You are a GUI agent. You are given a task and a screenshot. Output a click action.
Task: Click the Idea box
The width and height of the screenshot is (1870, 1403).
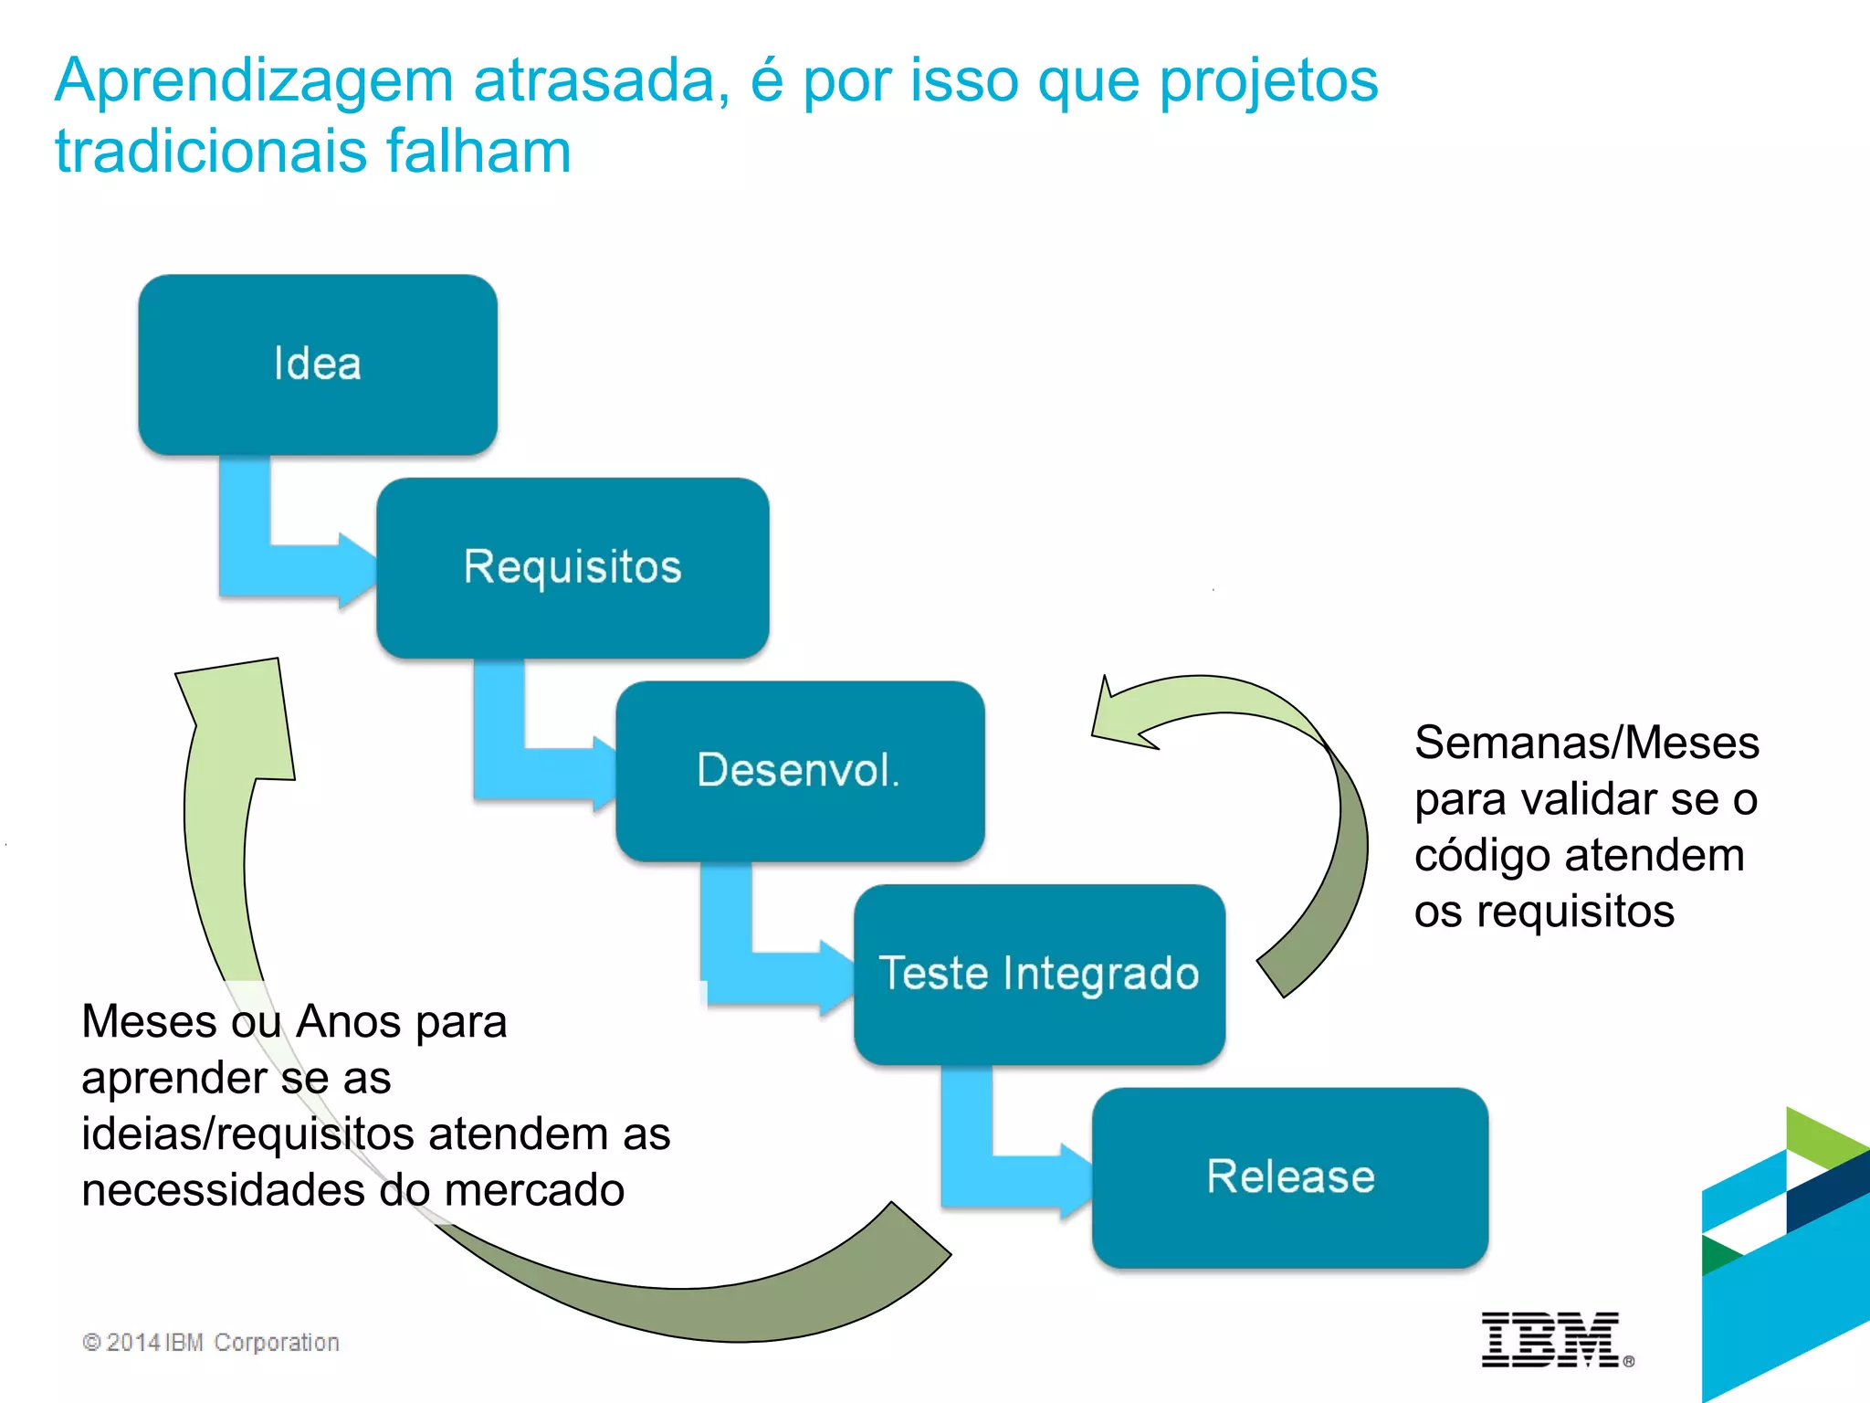tap(318, 364)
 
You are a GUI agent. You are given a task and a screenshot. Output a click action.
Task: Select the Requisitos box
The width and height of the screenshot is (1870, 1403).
tap(573, 567)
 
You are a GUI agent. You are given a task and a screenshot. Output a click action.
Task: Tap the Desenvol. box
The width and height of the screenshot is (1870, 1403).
tap(800, 771)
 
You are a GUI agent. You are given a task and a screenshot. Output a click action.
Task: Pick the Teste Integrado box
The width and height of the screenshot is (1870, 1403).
tap(1039, 974)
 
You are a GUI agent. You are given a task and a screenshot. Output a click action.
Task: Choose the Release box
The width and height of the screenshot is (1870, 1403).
tap(1290, 1177)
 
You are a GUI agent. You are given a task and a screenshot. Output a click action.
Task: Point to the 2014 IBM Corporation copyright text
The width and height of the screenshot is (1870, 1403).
tap(211, 1342)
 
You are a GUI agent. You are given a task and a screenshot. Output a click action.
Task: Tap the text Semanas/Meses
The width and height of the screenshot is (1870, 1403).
tap(1586, 743)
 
